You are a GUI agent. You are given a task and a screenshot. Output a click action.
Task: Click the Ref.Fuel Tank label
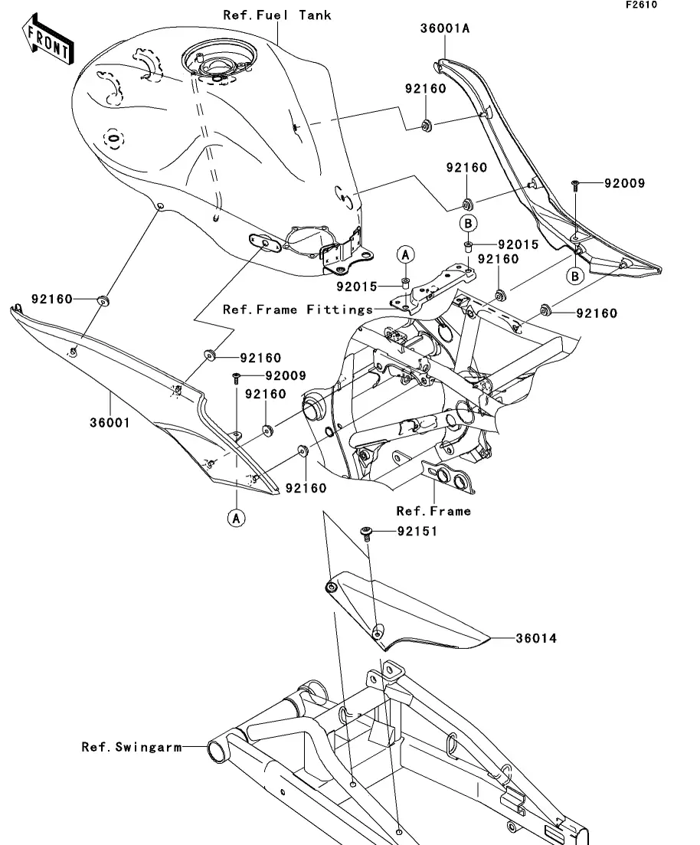pyautogui.click(x=277, y=15)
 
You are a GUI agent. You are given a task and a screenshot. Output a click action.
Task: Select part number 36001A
pyautogui.click(x=444, y=29)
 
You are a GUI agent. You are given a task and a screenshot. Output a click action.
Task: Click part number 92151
pyautogui.click(x=417, y=531)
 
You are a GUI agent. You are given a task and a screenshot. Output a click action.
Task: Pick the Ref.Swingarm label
pyautogui.click(x=132, y=746)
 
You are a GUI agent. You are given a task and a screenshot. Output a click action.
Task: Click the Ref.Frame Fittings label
pyautogui.click(x=298, y=310)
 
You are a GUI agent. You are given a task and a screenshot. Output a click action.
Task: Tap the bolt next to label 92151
pyautogui.click(x=367, y=531)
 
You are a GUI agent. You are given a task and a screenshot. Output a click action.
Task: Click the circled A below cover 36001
pyautogui.click(x=236, y=518)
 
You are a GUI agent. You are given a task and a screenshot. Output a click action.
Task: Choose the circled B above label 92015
pyautogui.click(x=469, y=223)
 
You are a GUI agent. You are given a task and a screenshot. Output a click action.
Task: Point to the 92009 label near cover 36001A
pyautogui.click(x=624, y=184)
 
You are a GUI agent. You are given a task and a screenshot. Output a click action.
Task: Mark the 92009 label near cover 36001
pyautogui.click(x=286, y=376)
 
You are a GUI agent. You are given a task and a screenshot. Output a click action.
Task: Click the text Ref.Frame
pyautogui.click(x=433, y=511)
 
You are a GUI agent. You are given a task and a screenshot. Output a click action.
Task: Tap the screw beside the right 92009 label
pyautogui.click(x=574, y=185)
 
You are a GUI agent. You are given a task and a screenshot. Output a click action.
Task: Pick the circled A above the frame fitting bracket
pyautogui.click(x=406, y=254)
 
